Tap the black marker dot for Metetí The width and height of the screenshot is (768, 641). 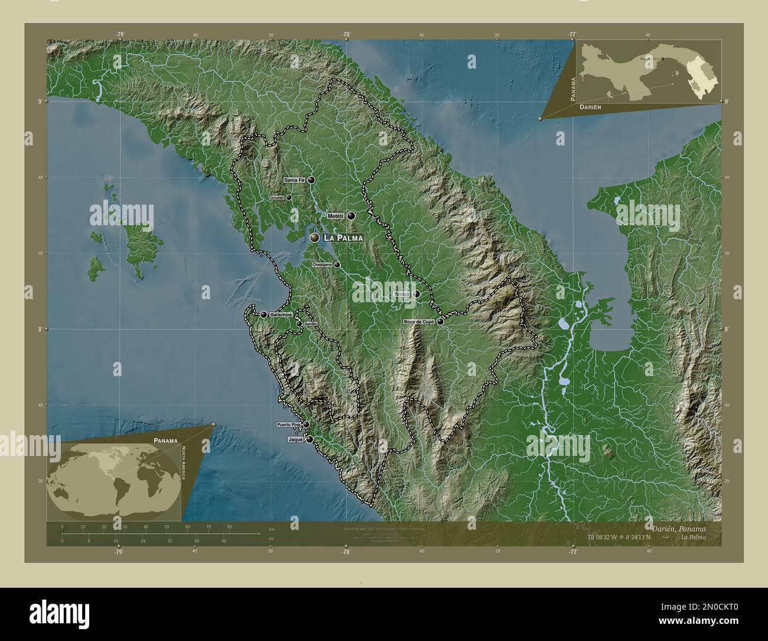coord(352,216)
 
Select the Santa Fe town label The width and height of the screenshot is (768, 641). coord(294,180)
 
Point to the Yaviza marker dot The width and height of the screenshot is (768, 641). coord(416,294)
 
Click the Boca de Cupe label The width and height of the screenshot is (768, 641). coord(419,322)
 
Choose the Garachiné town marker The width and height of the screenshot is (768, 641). coord(263,315)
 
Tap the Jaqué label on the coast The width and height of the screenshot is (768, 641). coord(295,440)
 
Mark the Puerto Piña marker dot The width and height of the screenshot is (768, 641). coord(306,425)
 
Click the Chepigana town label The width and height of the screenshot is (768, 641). coord(322,265)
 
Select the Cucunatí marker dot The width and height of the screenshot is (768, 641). coord(289,198)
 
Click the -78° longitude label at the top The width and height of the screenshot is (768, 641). coord(346,35)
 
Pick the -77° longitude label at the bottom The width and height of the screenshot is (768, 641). coord(572,552)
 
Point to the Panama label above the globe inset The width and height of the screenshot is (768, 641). coord(165,441)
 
